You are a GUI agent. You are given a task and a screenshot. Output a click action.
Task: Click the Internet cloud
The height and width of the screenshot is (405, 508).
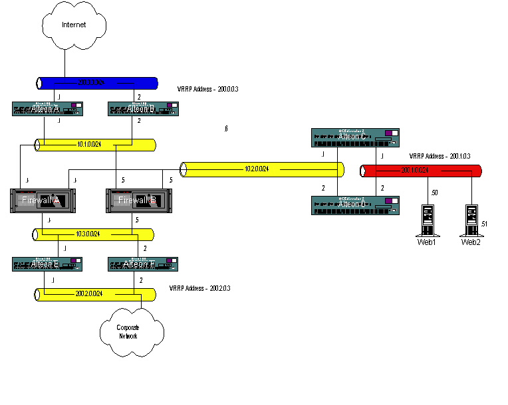coord(73,25)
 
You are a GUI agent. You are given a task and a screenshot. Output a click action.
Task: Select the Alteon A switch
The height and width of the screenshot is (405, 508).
coord(47,109)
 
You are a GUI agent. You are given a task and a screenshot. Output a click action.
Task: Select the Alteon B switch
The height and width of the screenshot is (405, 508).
coord(143,109)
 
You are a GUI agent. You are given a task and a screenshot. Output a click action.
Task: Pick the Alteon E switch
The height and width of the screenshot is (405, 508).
coord(47,264)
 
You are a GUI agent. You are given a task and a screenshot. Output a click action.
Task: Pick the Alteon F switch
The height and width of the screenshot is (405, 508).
coord(142,264)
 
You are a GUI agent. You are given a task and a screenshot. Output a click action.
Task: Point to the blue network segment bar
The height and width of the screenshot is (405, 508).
coord(97,83)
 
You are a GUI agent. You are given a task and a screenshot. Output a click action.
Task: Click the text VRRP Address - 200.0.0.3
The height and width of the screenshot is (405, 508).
coord(207,88)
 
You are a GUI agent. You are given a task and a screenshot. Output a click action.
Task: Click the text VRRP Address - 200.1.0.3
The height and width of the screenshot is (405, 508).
coord(440,156)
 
